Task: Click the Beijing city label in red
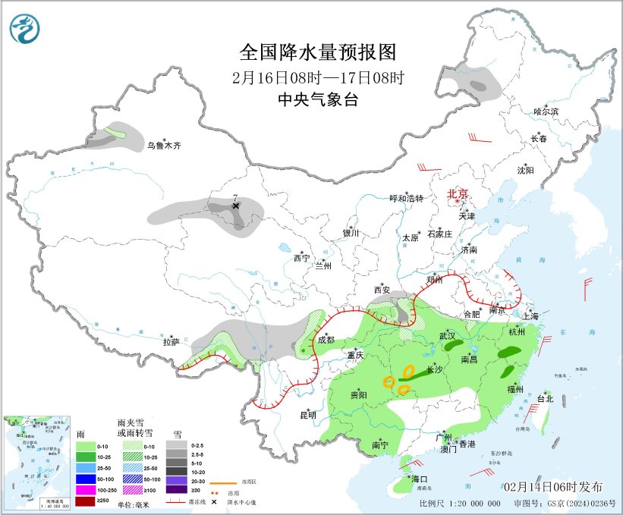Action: click(458, 193)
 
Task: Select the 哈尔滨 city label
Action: click(546, 111)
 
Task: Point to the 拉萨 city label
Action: click(171, 342)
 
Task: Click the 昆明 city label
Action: click(307, 415)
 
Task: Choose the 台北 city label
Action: click(545, 398)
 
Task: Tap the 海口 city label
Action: click(420, 479)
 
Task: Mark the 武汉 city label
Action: click(447, 335)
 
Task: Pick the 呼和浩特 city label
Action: click(406, 198)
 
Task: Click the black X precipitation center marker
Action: click(235, 206)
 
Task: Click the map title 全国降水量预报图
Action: click(318, 52)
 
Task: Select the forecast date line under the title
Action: click(318, 77)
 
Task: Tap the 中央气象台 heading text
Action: click(318, 100)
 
